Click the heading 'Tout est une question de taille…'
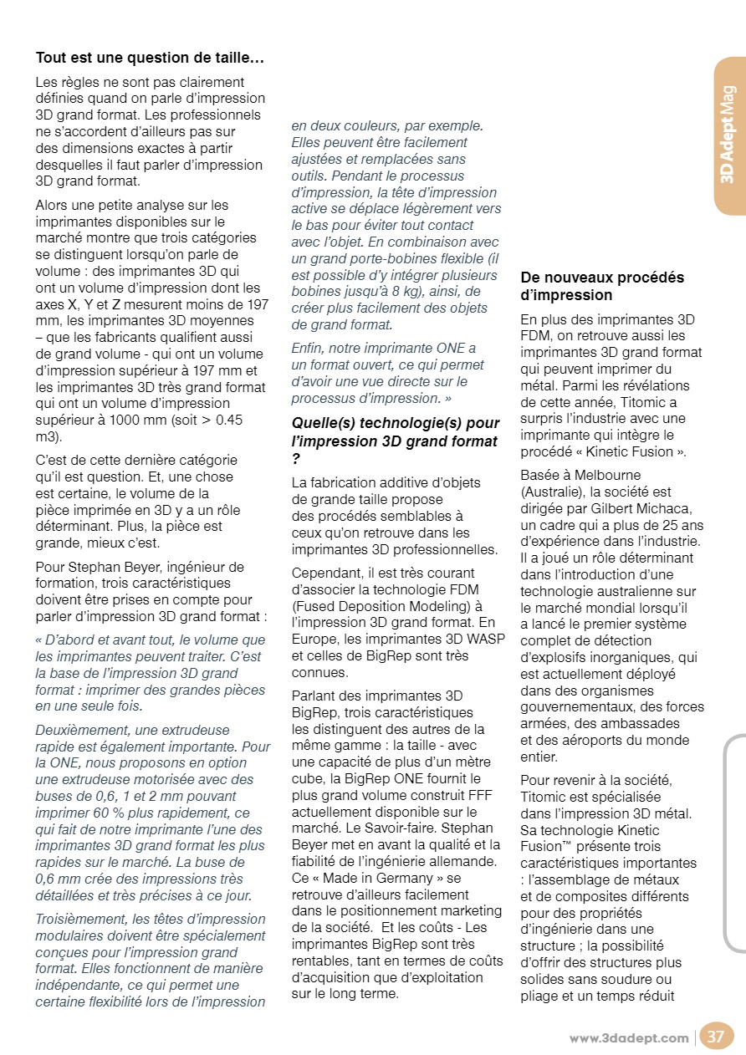point(150,59)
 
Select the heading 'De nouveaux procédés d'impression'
point(602,286)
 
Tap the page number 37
point(716,1037)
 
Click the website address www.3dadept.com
point(629,1038)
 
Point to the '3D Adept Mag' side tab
point(728,134)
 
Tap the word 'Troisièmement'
point(78,919)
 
